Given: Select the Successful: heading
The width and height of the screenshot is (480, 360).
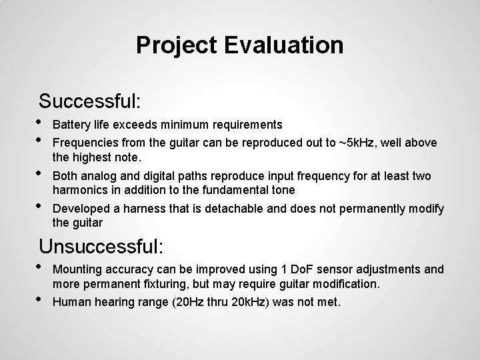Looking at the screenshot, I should tap(90, 101).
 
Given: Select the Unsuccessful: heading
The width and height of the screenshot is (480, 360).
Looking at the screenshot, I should tap(101, 246).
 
